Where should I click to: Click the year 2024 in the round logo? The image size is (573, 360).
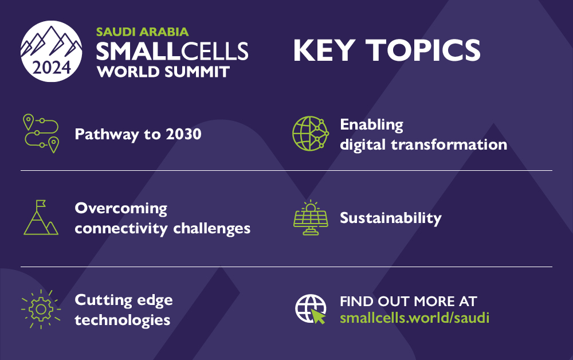pyautogui.click(x=52, y=68)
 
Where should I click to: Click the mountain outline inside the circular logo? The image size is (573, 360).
pyautogui.click(x=52, y=42)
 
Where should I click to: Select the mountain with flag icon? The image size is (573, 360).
pyautogui.click(x=41, y=217)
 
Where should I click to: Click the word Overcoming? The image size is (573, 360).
pyautogui.click(x=121, y=208)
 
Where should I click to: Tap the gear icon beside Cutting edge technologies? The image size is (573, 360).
pyautogui.click(x=41, y=309)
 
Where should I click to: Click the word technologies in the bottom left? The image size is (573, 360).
pyautogui.click(x=123, y=319)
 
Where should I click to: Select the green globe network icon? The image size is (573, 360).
pyautogui.click(x=310, y=134)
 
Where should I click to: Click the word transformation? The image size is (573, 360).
pyautogui.click(x=449, y=144)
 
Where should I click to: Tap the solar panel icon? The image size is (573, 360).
pyautogui.click(x=311, y=218)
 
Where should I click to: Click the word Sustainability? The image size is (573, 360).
pyautogui.click(x=390, y=218)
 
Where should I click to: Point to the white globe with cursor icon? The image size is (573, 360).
pyautogui.click(x=310, y=309)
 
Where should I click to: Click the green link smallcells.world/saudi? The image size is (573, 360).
pyautogui.click(x=414, y=318)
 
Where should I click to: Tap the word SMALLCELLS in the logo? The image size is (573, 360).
pyautogui.click(x=172, y=52)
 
